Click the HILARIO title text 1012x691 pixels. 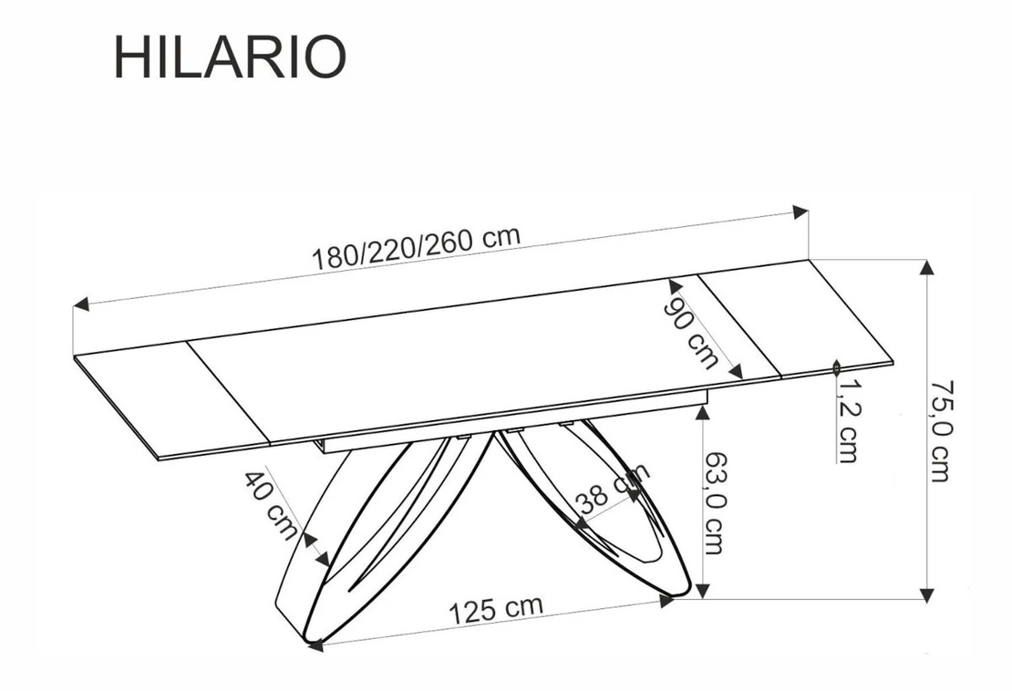coord(230,57)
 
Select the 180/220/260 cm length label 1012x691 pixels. coord(417,248)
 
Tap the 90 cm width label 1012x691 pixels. coord(691,334)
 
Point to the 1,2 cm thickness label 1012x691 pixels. coord(847,420)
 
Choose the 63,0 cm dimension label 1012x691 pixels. coord(713,502)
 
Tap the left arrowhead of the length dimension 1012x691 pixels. coord(80,304)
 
